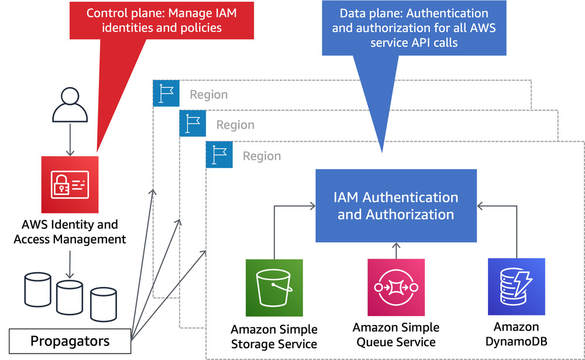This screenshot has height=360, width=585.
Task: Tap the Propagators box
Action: tap(70, 341)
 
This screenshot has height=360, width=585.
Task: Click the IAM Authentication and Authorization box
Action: tap(396, 206)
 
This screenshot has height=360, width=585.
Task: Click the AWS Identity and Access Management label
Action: tap(70, 232)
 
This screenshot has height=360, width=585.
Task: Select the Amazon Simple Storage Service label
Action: tap(274, 336)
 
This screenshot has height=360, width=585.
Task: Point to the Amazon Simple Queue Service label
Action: tap(395, 335)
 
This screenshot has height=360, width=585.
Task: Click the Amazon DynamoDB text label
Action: tap(517, 334)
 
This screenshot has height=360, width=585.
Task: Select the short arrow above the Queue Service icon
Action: tap(396, 251)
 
